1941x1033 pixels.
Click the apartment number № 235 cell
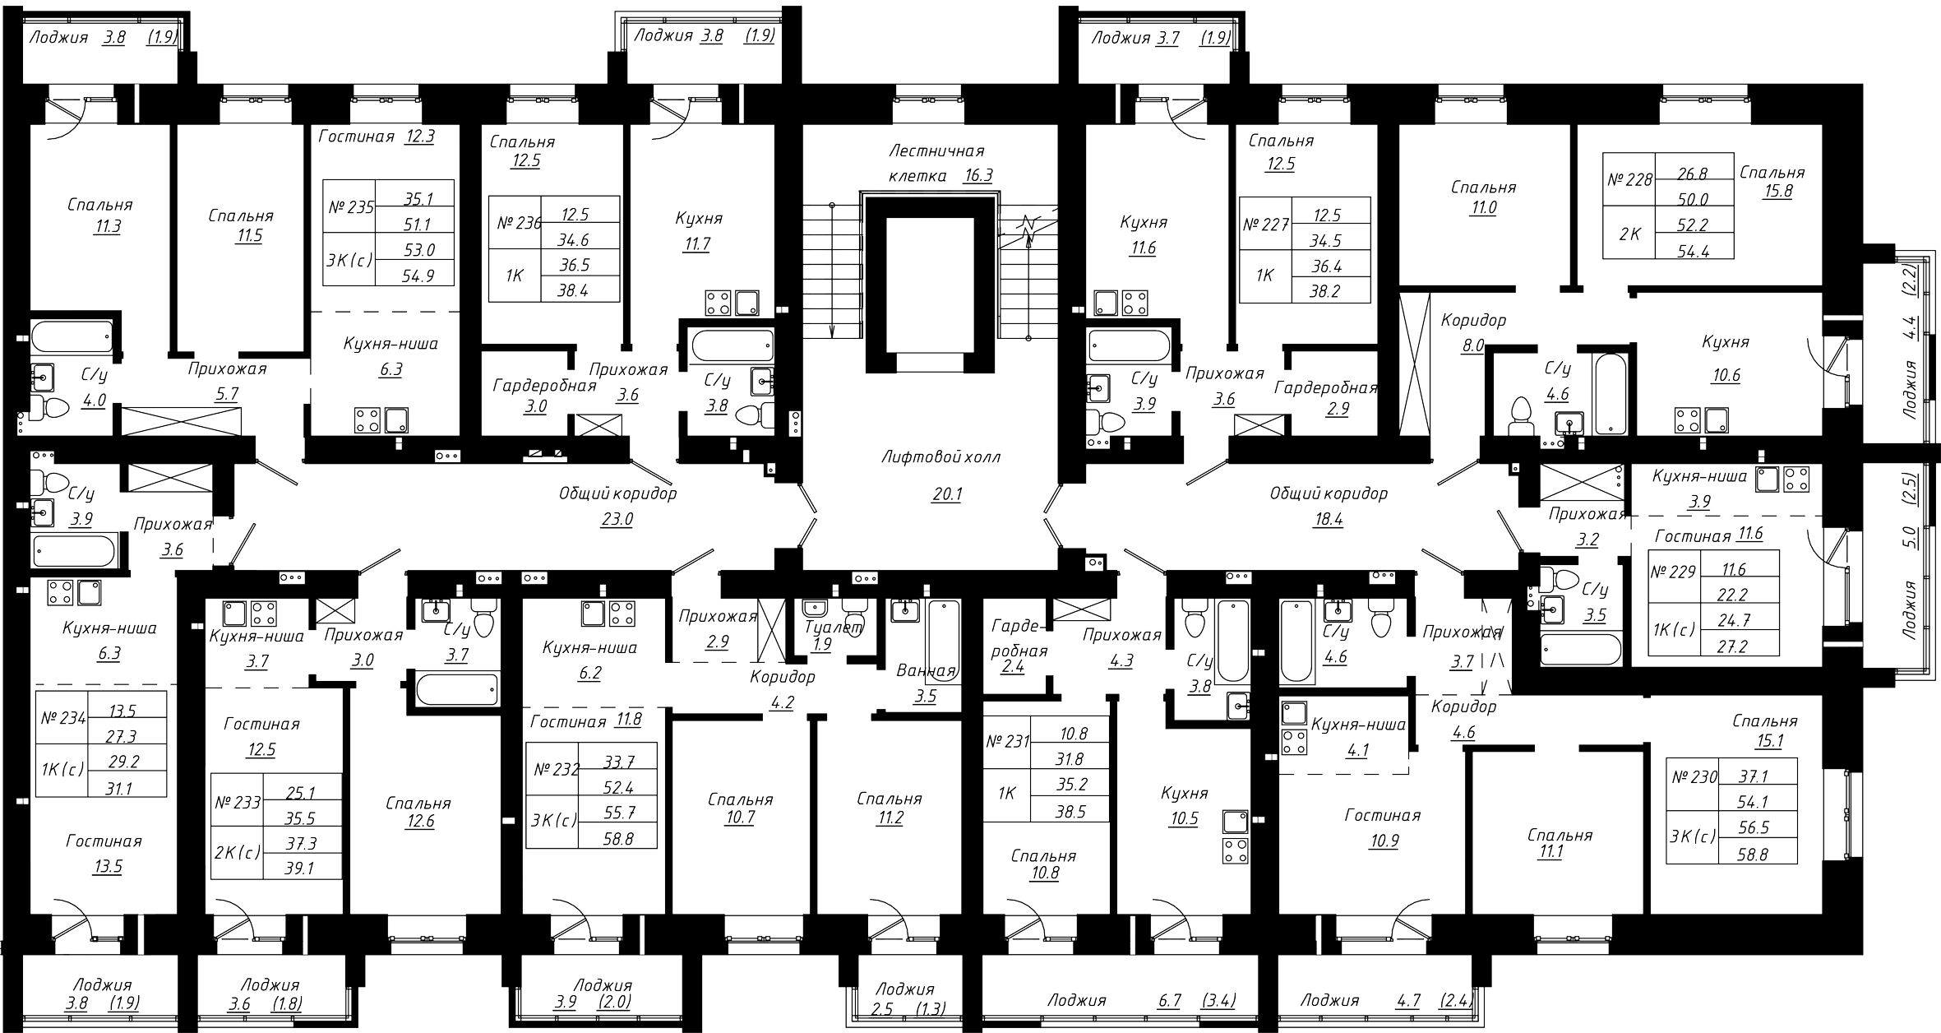pyautogui.click(x=350, y=207)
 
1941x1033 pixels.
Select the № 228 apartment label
pyautogui.click(x=1629, y=178)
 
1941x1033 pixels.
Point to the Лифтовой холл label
pyautogui.click(x=940, y=456)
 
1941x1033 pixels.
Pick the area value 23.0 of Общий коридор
pyautogui.click(x=617, y=520)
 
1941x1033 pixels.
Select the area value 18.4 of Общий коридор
pyautogui.click(x=1328, y=520)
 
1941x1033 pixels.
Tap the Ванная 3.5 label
pyautogui.click(x=925, y=683)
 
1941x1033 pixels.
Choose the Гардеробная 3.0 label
pyautogui.click(x=543, y=396)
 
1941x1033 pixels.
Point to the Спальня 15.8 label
pyautogui.click(x=1772, y=182)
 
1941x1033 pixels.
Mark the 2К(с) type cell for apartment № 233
pyautogui.click(x=237, y=852)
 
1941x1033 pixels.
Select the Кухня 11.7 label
pyautogui.click(x=699, y=231)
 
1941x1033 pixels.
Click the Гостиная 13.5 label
pyautogui.click(x=104, y=853)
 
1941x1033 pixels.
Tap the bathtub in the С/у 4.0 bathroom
pyautogui.click(x=72, y=337)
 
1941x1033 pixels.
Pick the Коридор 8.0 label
pyautogui.click(x=1472, y=333)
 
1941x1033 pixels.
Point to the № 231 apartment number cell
pyautogui.click(x=1007, y=741)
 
